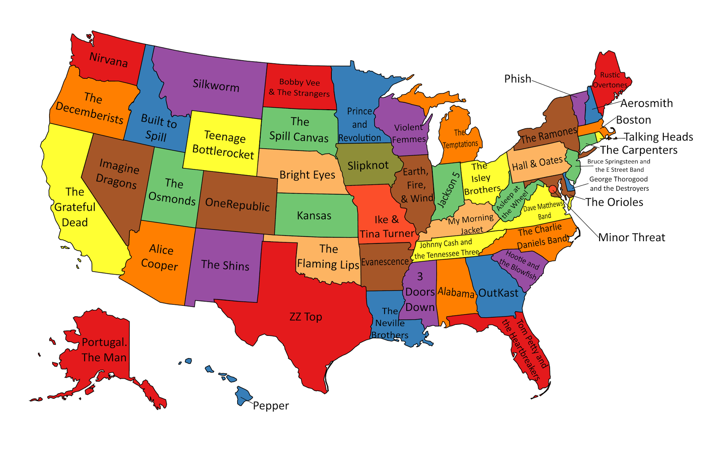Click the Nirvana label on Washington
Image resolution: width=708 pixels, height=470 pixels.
click(108, 59)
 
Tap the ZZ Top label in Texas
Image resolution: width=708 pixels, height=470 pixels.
click(305, 317)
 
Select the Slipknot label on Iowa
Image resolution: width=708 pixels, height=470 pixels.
click(368, 166)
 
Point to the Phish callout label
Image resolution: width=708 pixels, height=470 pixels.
click(517, 79)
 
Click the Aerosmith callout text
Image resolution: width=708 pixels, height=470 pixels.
click(646, 103)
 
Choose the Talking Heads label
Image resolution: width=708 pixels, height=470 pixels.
click(658, 137)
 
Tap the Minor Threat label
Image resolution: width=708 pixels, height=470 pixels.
click(631, 238)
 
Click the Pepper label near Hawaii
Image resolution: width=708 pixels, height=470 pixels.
click(271, 406)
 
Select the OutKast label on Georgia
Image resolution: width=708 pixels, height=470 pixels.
click(498, 293)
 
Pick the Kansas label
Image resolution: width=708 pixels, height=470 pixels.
click(314, 216)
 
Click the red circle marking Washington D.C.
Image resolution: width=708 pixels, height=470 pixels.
click(552, 189)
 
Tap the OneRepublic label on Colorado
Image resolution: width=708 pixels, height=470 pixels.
click(237, 204)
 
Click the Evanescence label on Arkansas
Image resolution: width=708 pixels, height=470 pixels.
click(385, 262)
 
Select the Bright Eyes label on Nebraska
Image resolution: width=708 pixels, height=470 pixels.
click(307, 175)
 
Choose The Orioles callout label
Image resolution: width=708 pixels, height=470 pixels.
click(614, 202)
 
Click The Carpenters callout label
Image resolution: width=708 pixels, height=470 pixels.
click(639, 150)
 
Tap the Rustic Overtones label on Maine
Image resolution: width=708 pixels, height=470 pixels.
click(610, 80)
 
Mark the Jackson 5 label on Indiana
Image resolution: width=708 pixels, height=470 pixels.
click(449, 189)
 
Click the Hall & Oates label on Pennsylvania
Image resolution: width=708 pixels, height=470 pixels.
click(537, 163)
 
